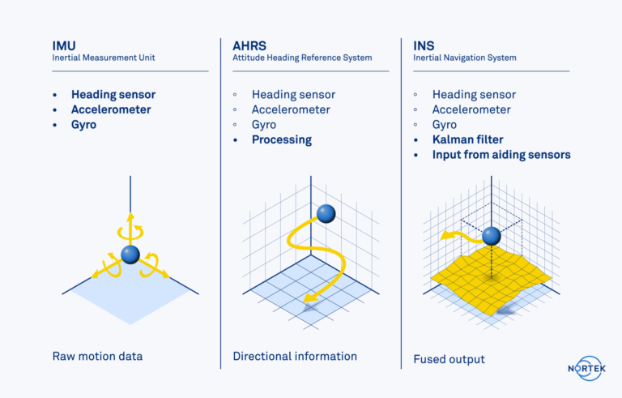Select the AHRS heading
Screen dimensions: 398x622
pyautogui.click(x=249, y=45)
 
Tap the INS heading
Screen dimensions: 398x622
pyautogui.click(x=424, y=45)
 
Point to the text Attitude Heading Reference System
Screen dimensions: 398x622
pyautogui.click(x=302, y=58)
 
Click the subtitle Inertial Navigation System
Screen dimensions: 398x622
pyautogui.click(x=464, y=58)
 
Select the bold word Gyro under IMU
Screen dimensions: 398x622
pyautogui.click(x=83, y=125)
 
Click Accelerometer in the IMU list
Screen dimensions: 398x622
pyautogui.click(x=111, y=109)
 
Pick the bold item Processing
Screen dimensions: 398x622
pyautogui.click(x=281, y=139)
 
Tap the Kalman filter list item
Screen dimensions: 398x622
pyautogui.click(x=467, y=139)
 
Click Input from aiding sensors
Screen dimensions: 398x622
pyautogui.click(x=501, y=155)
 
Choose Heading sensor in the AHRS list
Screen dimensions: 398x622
pyautogui.click(x=293, y=94)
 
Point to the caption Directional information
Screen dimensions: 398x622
pyautogui.click(x=295, y=356)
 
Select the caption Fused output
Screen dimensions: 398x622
pyautogui.click(x=449, y=359)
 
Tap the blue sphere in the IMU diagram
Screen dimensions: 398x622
pyautogui.click(x=130, y=255)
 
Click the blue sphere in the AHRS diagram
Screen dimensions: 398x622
pyautogui.click(x=326, y=213)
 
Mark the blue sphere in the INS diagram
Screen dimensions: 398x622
pyautogui.click(x=491, y=236)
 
